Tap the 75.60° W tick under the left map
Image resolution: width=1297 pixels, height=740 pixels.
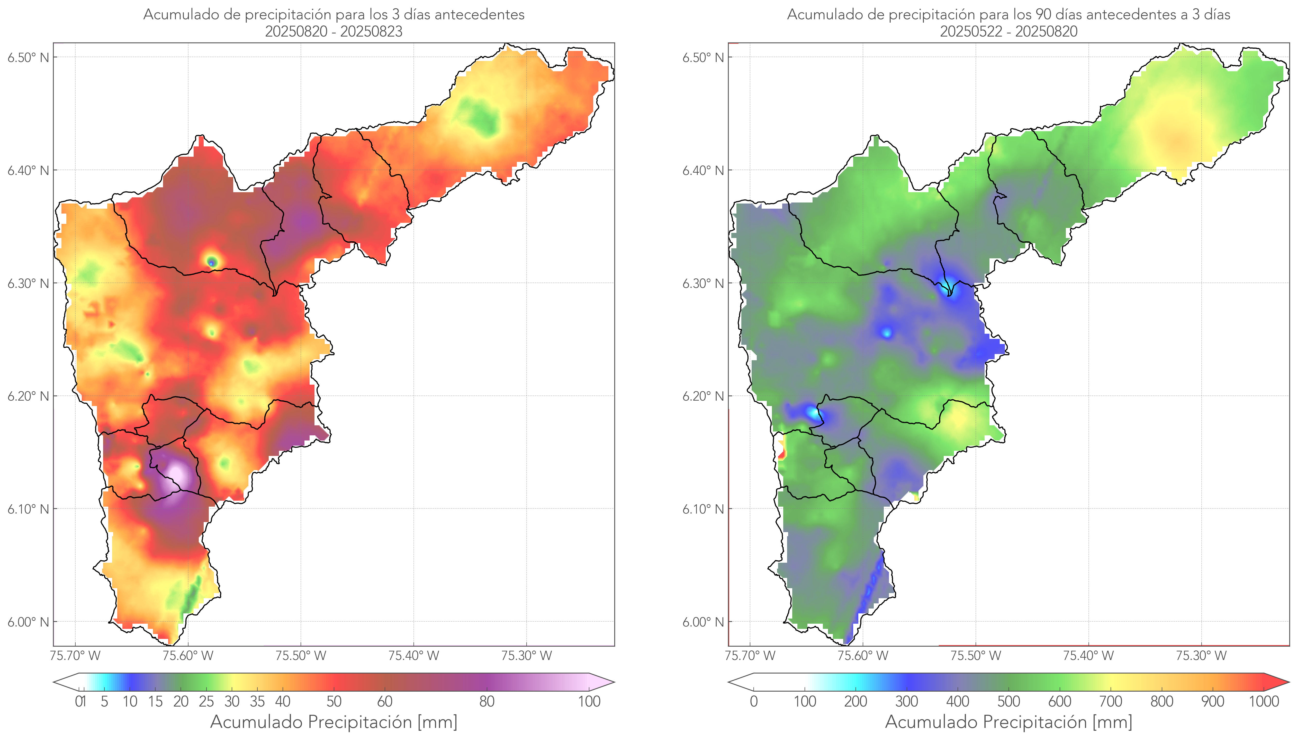tap(188, 656)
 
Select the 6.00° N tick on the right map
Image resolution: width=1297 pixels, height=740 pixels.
tap(703, 622)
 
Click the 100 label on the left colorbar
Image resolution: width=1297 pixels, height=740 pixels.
tap(589, 701)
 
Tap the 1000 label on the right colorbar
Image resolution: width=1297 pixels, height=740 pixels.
tap(1264, 701)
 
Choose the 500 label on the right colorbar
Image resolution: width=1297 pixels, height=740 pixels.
tap(1008, 701)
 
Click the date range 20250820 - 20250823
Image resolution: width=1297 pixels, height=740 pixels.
tap(334, 31)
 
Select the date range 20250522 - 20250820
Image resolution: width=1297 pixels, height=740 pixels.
tap(1008, 31)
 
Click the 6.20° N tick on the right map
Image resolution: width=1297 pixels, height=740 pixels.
tap(703, 396)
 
